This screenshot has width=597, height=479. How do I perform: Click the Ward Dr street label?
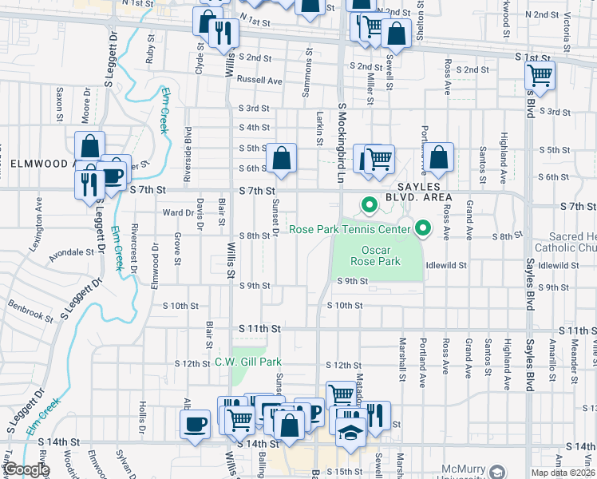pos(178,213)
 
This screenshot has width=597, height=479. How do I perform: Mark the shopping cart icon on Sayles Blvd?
pos(540,77)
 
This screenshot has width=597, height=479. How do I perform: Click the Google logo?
pos(26,469)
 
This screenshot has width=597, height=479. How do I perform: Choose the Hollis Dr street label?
pos(142,415)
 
